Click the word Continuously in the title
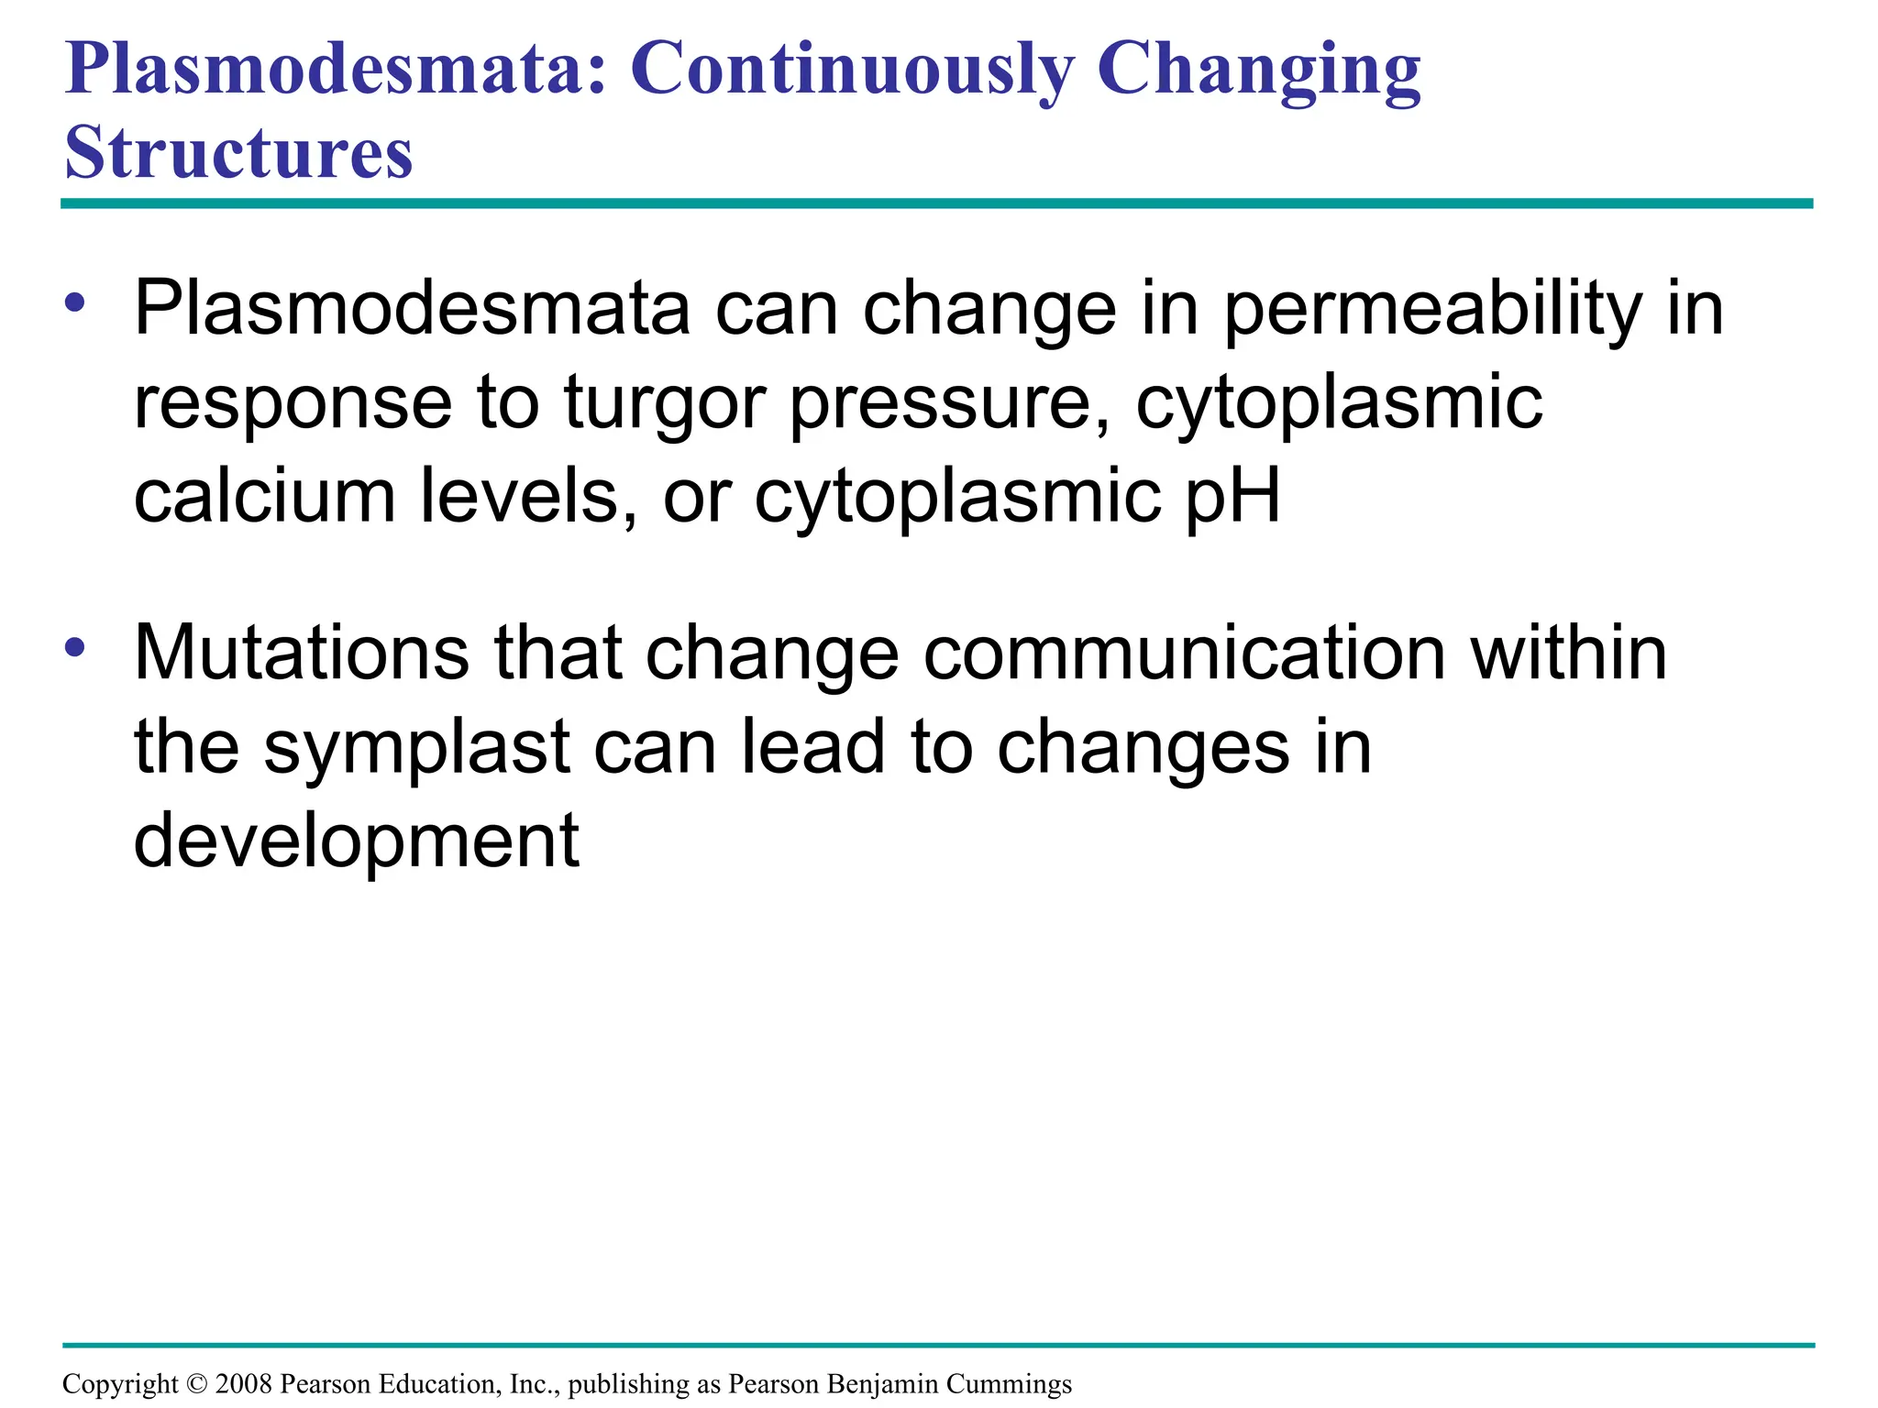pos(852,70)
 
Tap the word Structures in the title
pos(238,153)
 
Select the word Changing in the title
pos(1258,70)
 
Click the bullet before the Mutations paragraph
pos(75,648)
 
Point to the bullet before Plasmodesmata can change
pos(75,302)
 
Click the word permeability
pos(1432,312)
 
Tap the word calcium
pos(264,496)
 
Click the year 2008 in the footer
pos(243,1384)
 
